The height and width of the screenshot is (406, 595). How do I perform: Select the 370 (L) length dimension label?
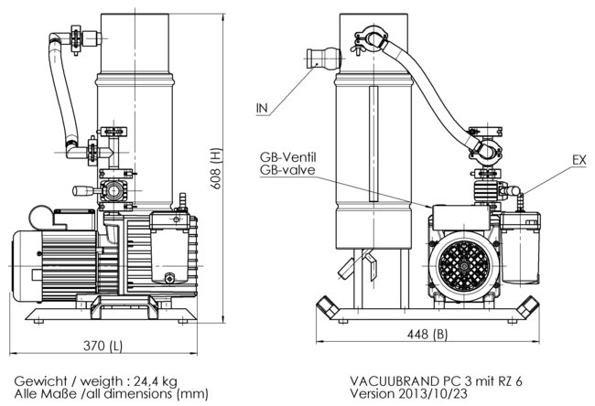pos(103,346)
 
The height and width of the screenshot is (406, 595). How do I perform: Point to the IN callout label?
pos(262,109)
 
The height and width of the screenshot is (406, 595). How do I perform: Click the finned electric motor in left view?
pos(50,261)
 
